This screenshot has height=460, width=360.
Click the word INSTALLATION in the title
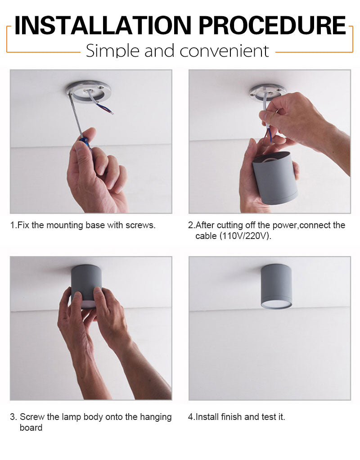click(103, 26)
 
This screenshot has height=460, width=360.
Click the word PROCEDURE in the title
click(273, 26)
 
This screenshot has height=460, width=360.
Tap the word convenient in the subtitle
click(224, 51)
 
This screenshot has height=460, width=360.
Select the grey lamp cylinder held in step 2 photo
click(275, 178)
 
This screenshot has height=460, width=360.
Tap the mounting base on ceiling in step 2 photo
click(268, 92)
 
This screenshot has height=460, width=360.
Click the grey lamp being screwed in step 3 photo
click(86, 285)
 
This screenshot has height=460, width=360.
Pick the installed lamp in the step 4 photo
click(276, 286)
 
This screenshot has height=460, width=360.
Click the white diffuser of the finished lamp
click(276, 305)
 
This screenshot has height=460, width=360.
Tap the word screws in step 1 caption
click(140, 225)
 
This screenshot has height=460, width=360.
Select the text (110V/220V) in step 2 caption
click(246, 236)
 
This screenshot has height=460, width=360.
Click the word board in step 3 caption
click(31, 428)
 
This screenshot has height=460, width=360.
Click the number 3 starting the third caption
click(12, 417)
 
